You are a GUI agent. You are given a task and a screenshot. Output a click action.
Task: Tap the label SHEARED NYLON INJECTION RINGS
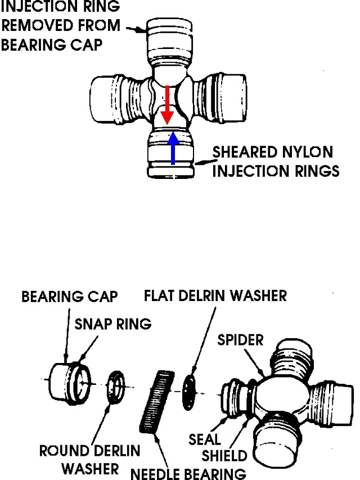pyautogui.click(x=275, y=162)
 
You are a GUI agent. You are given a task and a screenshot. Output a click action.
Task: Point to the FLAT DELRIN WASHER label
pyautogui.click(x=215, y=296)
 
